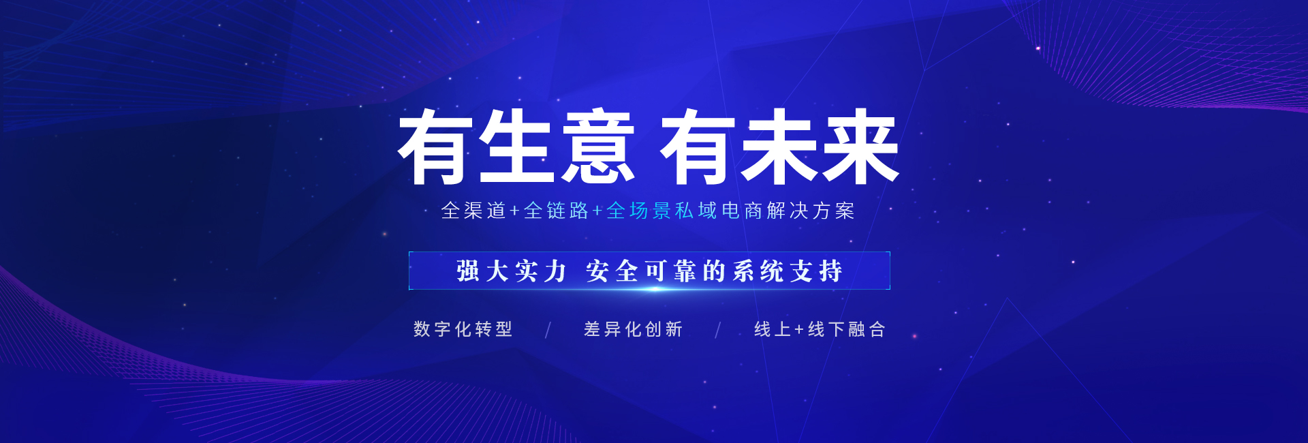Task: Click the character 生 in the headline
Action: (x=516, y=147)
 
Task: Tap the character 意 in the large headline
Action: (x=598, y=147)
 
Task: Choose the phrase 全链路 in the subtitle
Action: (x=556, y=211)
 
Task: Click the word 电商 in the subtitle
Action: (x=742, y=211)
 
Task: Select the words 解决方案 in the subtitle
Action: (x=811, y=211)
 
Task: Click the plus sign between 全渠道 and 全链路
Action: (x=515, y=211)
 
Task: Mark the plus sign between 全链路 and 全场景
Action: (x=597, y=211)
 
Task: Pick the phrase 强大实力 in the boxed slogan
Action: (x=512, y=271)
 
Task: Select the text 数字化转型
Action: (x=463, y=329)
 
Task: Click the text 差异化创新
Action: (x=634, y=329)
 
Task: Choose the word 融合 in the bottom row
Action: (x=867, y=329)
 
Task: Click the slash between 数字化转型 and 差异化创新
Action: (x=548, y=331)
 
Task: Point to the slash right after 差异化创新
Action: (x=718, y=331)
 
